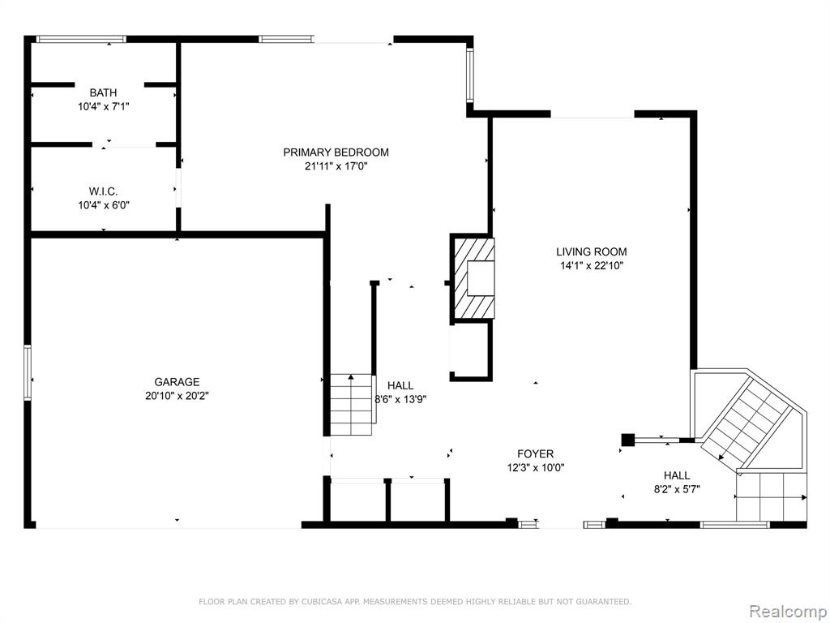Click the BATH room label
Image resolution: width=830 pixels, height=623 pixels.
click(103, 92)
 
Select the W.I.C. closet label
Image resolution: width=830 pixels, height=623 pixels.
click(103, 191)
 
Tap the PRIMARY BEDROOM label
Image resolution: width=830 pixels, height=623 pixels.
click(336, 153)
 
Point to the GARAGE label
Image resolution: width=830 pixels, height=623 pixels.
click(177, 382)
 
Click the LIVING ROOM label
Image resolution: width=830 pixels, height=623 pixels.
click(591, 252)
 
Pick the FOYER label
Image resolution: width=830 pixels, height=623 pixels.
click(535, 454)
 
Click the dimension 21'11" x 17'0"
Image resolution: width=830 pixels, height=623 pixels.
click(336, 166)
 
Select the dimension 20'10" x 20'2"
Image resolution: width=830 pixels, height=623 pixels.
click(177, 396)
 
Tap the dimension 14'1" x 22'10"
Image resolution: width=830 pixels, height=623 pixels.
click(592, 266)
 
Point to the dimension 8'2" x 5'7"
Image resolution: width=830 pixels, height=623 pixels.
click(677, 489)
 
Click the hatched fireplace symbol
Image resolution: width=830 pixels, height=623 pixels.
click(474, 278)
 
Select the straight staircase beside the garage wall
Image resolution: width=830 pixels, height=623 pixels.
click(352, 404)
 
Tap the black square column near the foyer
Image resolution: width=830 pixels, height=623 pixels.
click(628, 440)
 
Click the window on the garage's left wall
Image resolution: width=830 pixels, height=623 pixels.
click(28, 372)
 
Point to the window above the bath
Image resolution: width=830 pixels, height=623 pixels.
click(81, 39)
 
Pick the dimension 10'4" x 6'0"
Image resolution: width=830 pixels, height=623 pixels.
click(104, 205)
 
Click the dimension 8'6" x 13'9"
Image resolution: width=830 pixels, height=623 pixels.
click(400, 399)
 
